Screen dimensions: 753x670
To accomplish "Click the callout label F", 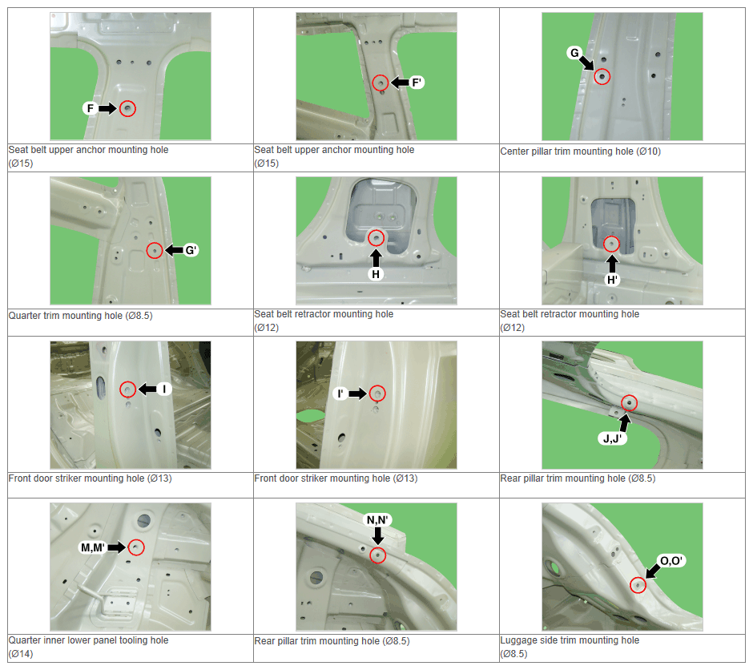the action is pyautogui.click(x=90, y=108).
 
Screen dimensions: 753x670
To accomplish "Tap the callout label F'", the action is pyautogui.click(x=417, y=83).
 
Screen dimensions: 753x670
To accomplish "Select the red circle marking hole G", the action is pyautogui.click(x=602, y=77).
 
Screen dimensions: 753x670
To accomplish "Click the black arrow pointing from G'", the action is pyautogui.click(x=174, y=250).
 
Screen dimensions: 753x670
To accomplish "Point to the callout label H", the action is pyautogui.click(x=376, y=274).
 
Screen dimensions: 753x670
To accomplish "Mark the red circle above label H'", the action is pyautogui.click(x=611, y=244).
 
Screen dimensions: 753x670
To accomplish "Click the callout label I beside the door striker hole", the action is pyautogui.click(x=164, y=389).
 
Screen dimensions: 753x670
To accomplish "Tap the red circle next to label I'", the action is pyautogui.click(x=378, y=394).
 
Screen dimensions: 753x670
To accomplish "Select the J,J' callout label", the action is pyautogui.click(x=612, y=438).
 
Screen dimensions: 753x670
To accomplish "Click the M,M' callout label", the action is pyautogui.click(x=93, y=547).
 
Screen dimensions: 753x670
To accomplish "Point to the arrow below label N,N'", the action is pyautogui.click(x=378, y=535).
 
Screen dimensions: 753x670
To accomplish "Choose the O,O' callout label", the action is pyautogui.click(x=670, y=561).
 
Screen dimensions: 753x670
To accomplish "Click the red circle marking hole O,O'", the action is pyautogui.click(x=638, y=585).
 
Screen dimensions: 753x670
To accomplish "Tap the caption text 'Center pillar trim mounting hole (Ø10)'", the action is pyautogui.click(x=580, y=151).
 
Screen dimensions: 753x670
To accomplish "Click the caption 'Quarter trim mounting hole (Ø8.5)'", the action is pyautogui.click(x=80, y=316).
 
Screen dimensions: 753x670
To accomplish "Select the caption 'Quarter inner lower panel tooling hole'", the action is pyautogui.click(x=88, y=640).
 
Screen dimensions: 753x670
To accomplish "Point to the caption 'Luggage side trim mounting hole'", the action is pyautogui.click(x=570, y=640).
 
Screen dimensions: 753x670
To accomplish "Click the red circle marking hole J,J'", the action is pyautogui.click(x=629, y=403).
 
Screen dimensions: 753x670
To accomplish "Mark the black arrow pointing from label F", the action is pyautogui.click(x=107, y=108).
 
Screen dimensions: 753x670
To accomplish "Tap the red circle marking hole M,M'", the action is pyautogui.click(x=136, y=547).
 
